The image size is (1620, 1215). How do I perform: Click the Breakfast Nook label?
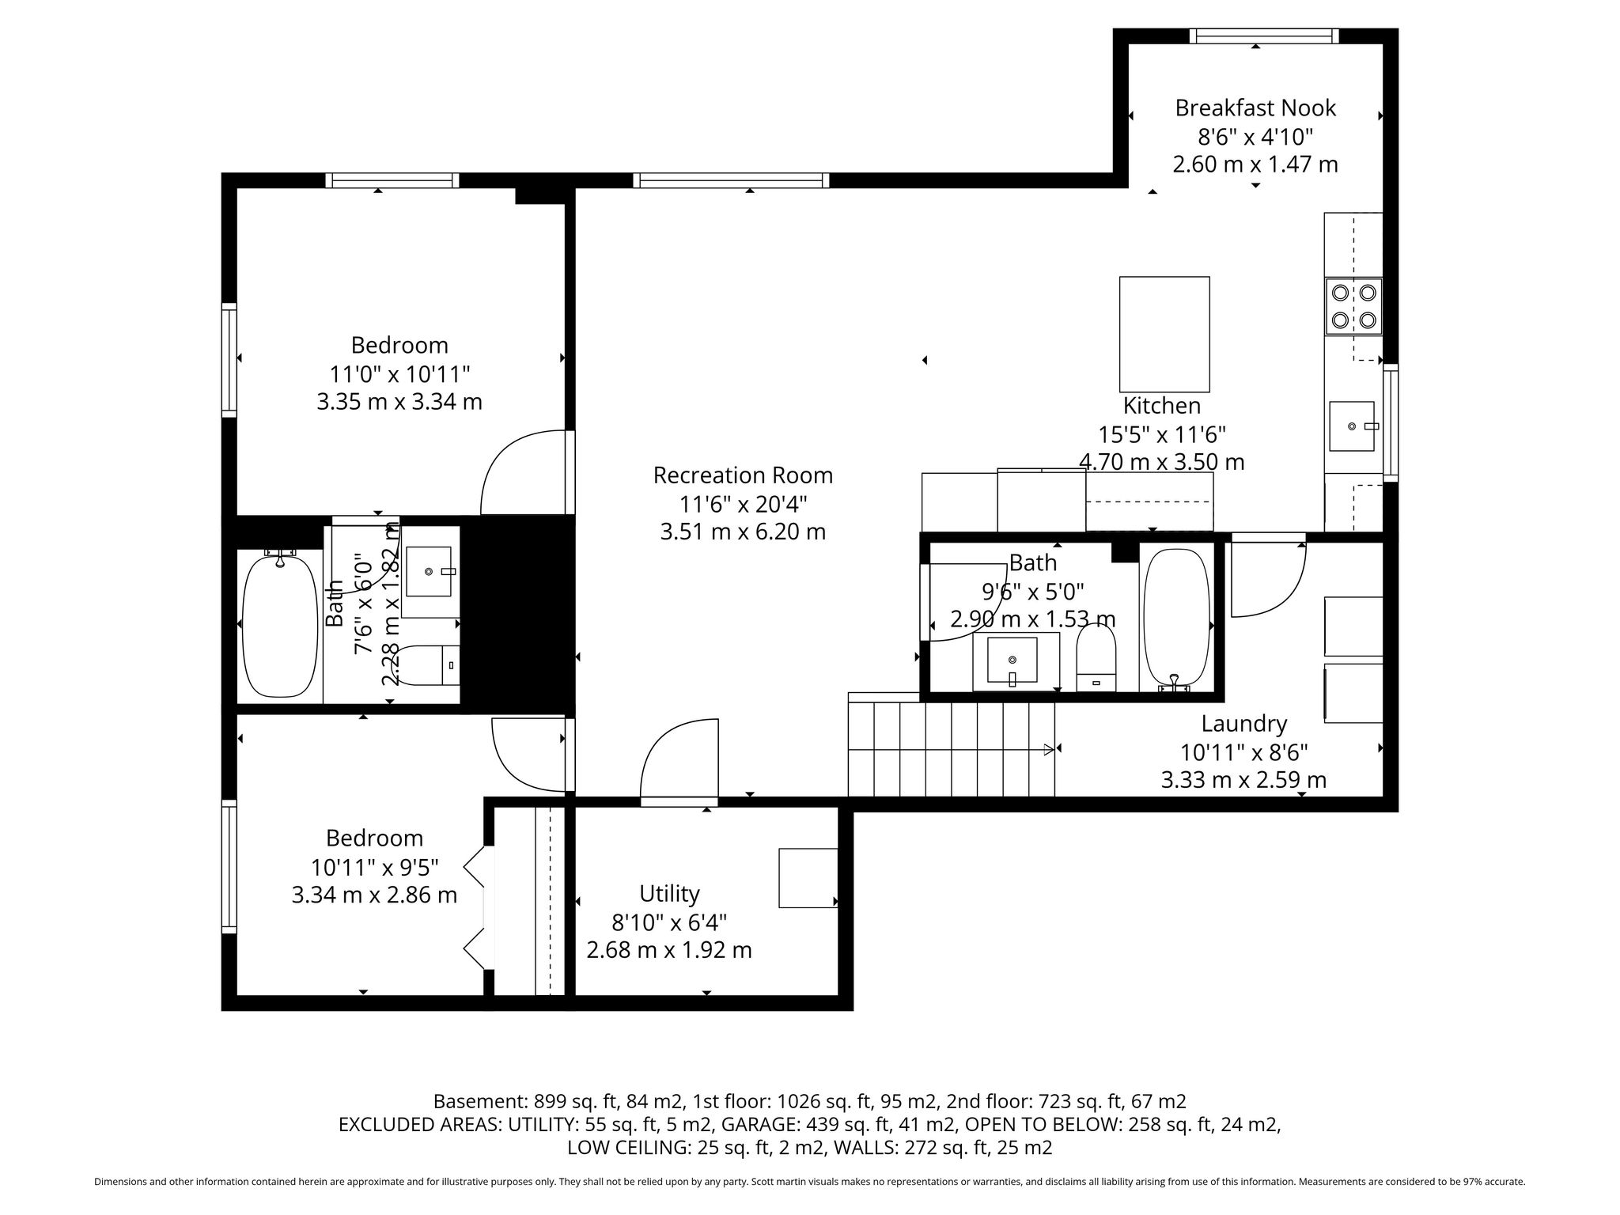tap(1255, 108)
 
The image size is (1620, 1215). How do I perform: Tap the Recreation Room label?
tap(743, 475)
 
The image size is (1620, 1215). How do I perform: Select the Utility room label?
tap(669, 894)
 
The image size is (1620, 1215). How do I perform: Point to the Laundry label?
tap(1244, 724)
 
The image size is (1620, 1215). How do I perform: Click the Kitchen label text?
tap(1162, 406)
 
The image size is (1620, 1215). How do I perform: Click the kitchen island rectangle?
tap(1164, 334)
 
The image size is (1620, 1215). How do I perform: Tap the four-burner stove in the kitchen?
tap(1353, 306)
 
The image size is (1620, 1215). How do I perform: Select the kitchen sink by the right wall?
tap(1352, 426)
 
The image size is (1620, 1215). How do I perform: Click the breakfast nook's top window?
tap(1264, 36)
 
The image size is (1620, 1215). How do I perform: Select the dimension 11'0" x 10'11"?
tap(399, 373)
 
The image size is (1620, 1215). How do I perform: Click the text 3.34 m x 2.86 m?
tap(374, 895)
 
